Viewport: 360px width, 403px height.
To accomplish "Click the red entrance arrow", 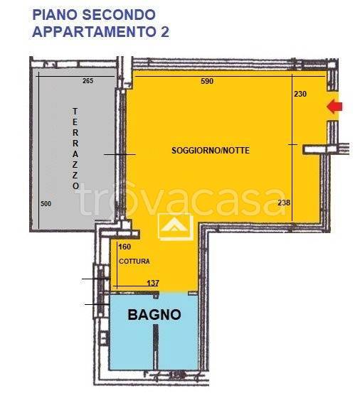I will coord(334,107).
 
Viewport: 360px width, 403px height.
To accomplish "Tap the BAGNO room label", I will coord(154,314).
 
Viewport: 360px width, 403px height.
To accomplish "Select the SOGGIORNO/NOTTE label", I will coord(211,151).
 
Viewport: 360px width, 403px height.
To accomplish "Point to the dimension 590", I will coord(207,82).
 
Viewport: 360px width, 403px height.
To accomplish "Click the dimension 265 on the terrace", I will coord(88,81).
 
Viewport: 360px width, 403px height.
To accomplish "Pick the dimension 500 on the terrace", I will coord(46,203).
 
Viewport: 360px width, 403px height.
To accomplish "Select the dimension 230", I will coord(300,93).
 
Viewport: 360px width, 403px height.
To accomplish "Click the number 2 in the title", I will coord(164,31).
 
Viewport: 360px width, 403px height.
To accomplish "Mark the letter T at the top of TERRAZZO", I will coord(75,111).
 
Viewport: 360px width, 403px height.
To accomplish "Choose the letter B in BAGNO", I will coord(132,314).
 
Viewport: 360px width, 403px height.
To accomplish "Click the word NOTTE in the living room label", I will coord(235,151).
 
